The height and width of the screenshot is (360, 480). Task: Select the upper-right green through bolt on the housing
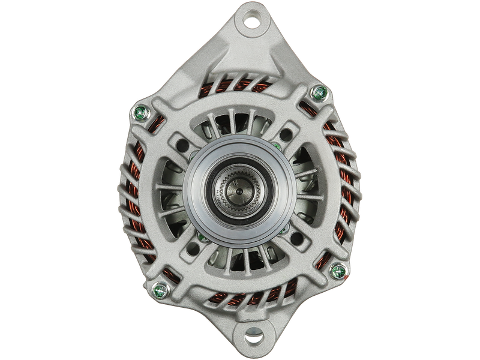point(320,92)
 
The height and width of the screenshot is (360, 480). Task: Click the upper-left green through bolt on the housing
point(143,112)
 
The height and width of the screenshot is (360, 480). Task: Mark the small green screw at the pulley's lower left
point(202,239)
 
